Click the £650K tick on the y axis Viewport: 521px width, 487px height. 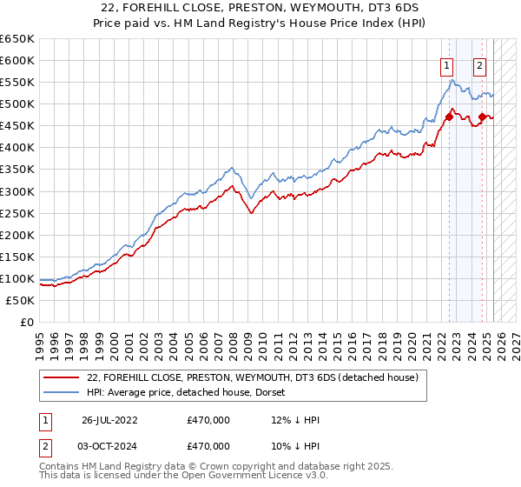point(17,39)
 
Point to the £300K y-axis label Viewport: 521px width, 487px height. point(17,191)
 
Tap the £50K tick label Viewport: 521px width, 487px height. point(21,300)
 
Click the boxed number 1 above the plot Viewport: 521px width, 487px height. point(446,63)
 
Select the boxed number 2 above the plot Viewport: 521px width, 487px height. point(479,63)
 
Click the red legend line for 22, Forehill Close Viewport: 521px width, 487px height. point(62,377)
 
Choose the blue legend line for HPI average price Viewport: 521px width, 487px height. point(62,392)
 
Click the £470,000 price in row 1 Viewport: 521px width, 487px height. point(208,420)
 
